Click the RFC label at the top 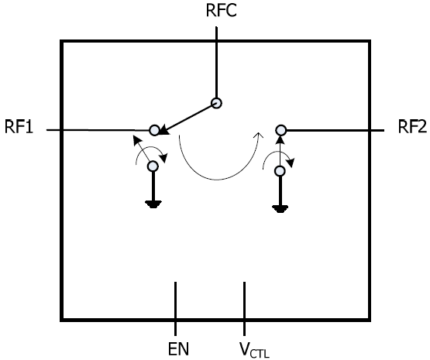[221, 10]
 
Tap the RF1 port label [19, 127]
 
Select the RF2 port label [412, 127]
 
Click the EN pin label [178, 348]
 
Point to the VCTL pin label [254, 350]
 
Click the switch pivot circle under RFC [217, 103]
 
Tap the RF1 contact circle [154, 129]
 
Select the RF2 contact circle [280, 130]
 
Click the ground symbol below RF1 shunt [153, 204]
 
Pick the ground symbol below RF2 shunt [280, 209]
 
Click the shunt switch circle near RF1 [153, 166]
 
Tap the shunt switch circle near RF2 [280, 171]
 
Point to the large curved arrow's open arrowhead [258, 135]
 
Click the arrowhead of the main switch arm [163, 129]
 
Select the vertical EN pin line [176, 308]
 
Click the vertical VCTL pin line [244, 308]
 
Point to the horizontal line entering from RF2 [335, 130]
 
